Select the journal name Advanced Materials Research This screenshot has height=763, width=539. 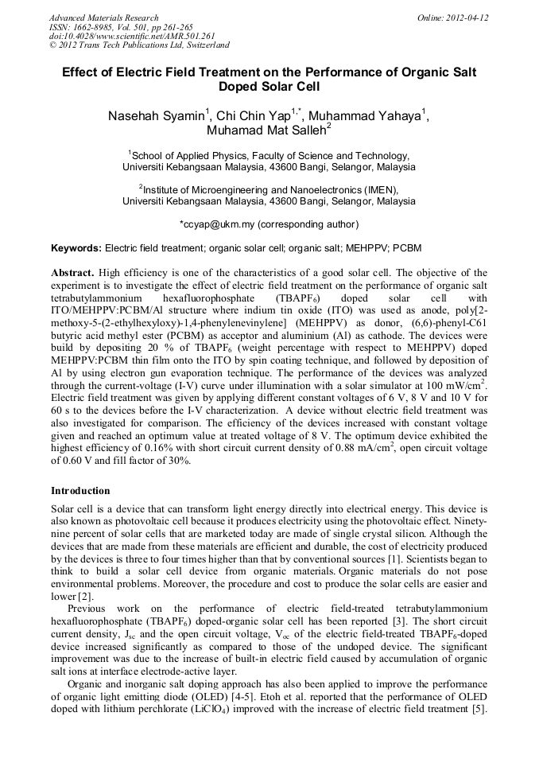click(103, 18)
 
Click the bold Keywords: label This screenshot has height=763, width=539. click(76, 248)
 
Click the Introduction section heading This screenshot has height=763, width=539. click(80, 491)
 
